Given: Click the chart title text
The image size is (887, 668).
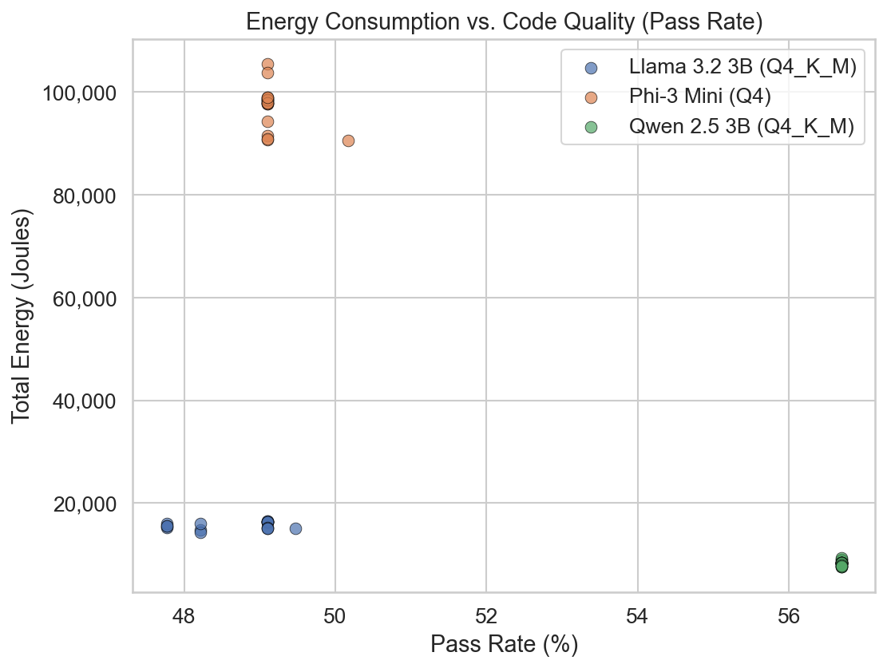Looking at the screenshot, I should pyautogui.click(x=504, y=22).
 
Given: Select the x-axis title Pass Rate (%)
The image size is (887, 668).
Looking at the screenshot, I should pyautogui.click(x=504, y=644).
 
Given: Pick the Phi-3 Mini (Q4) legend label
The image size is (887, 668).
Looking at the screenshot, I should pyautogui.click(x=699, y=97).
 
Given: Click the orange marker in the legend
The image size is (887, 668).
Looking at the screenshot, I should pyautogui.click(x=591, y=97).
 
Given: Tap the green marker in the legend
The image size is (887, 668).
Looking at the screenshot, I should pyautogui.click(x=591, y=127).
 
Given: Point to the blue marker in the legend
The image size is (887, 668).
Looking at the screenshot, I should pyautogui.click(x=591, y=68).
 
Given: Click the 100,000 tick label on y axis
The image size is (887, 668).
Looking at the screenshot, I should pyautogui.click(x=78, y=93).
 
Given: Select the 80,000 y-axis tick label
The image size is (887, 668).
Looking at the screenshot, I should pyautogui.click(x=83, y=196).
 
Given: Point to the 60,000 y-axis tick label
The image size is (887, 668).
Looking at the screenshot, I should pyautogui.click(x=83, y=298).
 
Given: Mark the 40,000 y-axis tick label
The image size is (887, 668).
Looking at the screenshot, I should pyautogui.click(x=83, y=401).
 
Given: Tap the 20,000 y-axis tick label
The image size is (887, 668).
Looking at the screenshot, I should pyautogui.click(x=83, y=504).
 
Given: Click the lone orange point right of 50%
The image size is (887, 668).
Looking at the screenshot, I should pyautogui.click(x=348, y=140).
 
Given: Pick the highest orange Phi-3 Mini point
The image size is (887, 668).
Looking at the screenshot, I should pyautogui.click(x=267, y=64).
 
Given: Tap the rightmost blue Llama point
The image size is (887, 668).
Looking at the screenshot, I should pyautogui.click(x=295, y=528).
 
